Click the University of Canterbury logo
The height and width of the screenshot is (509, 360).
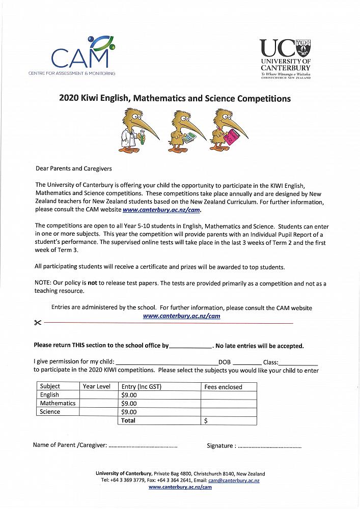[285, 59]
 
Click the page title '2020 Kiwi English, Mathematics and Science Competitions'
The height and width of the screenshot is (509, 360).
[175, 98]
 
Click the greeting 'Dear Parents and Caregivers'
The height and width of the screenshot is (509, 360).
[73, 168]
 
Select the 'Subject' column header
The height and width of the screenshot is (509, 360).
[50, 386]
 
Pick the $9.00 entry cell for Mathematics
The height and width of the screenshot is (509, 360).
[129, 403]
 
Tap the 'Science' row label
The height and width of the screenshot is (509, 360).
[50, 412]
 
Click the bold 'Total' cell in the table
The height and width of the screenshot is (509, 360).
[128, 420]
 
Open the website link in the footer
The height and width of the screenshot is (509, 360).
[180, 487]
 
